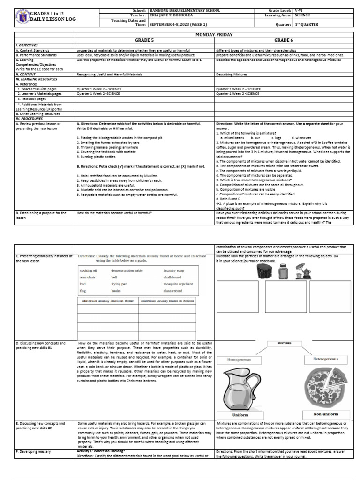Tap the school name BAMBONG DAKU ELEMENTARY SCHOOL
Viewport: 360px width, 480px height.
[178, 10]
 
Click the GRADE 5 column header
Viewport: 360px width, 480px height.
[144, 40]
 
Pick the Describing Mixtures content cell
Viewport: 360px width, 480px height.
[232, 74]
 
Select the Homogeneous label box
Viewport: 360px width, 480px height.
[240, 360]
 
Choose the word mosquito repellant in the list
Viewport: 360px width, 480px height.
[178, 284]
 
